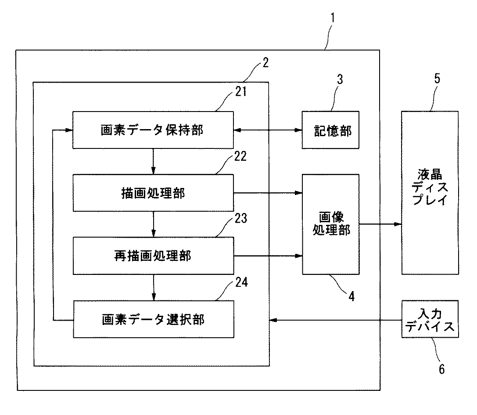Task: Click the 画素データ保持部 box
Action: pyautogui.click(x=153, y=130)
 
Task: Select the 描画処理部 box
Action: pyautogui.click(x=153, y=193)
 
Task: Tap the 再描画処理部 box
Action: pyautogui.click(x=153, y=256)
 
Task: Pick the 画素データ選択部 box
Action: pyautogui.click(x=153, y=319)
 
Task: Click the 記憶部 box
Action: pyautogui.click(x=330, y=130)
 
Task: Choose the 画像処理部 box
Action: pyautogui.click(x=331, y=224)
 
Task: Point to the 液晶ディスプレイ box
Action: pyautogui.click(x=430, y=193)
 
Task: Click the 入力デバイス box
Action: pyautogui.click(x=430, y=319)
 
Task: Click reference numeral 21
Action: pyautogui.click(x=241, y=91)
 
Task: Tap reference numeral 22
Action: pyautogui.click(x=240, y=156)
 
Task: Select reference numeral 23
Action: pyautogui.click(x=241, y=218)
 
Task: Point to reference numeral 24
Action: pyautogui.click(x=241, y=282)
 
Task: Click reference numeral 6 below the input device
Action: pyautogui.click(x=442, y=369)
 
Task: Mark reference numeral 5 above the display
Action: pyautogui.click(x=437, y=79)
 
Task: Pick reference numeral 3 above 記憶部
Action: pyautogui.click(x=340, y=79)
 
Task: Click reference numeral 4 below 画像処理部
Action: pyautogui.click(x=351, y=296)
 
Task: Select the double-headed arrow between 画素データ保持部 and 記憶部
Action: pyautogui.click(x=268, y=130)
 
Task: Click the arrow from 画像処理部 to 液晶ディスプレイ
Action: pyautogui.click(x=380, y=224)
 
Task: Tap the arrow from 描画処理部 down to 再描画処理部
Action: pyautogui.click(x=153, y=224)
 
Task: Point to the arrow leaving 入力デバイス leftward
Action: pyautogui.click(x=336, y=320)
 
